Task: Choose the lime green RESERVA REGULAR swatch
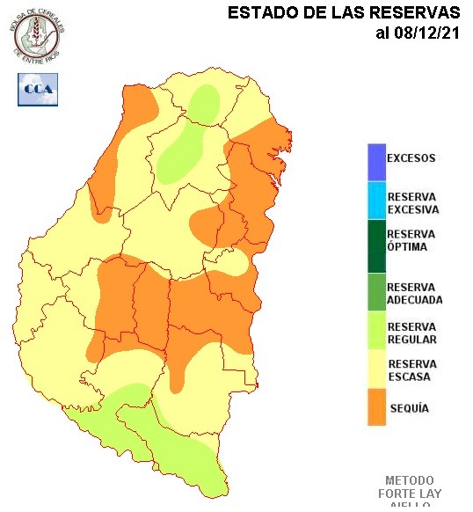(x=376, y=333)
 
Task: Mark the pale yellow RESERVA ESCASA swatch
(x=376, y=370)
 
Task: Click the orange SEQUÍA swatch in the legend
(x=376, y=408)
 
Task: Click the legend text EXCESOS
(x=411, y=159)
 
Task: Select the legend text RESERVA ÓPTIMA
(x=411, y=240)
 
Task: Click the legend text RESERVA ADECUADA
(x=414, y=293)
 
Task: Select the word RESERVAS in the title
(x=413, y=13)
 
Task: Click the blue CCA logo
(x=38, y=89)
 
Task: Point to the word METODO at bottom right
(x=410, y=481)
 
